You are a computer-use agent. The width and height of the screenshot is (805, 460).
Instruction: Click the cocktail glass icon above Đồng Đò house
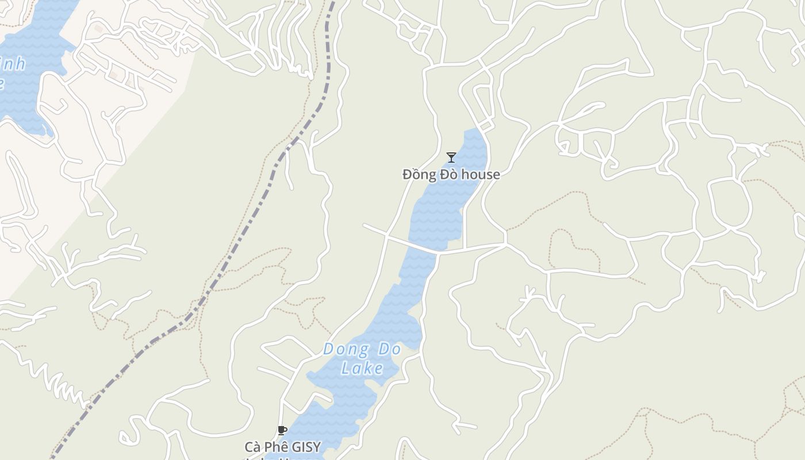tap(451, 157)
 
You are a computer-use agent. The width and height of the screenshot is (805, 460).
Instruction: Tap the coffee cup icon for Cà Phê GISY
tap(282, 430)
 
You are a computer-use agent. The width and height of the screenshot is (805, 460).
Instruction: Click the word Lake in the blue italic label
tap(362, 368)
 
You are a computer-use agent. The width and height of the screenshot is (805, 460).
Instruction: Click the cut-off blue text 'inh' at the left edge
tap(13, 64)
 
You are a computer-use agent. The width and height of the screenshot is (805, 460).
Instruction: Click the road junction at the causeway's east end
tap(505, 245)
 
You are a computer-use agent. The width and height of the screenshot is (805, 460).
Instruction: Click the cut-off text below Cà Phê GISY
tap(282, 458)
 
